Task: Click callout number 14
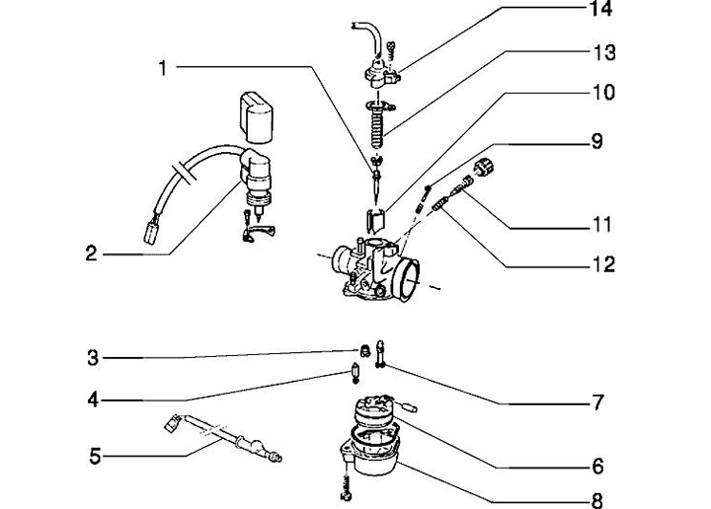[x=600, y=9]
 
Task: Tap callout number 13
[x=604, y=52]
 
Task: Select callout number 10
[x=604, y=93]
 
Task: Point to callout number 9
[x=597, y=141]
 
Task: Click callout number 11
[x=601, y=225]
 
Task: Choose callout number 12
[x=603, y=264]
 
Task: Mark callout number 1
[x=162, y=68]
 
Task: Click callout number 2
[x=91, y=254]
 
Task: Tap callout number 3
[x=93, y=358]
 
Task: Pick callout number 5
[x=95, y=456]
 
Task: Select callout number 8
[x=597, y=501]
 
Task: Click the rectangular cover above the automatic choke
[x=256, y=116]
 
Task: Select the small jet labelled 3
[x=363, y=350]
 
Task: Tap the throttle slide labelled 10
[x=375, y=220]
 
